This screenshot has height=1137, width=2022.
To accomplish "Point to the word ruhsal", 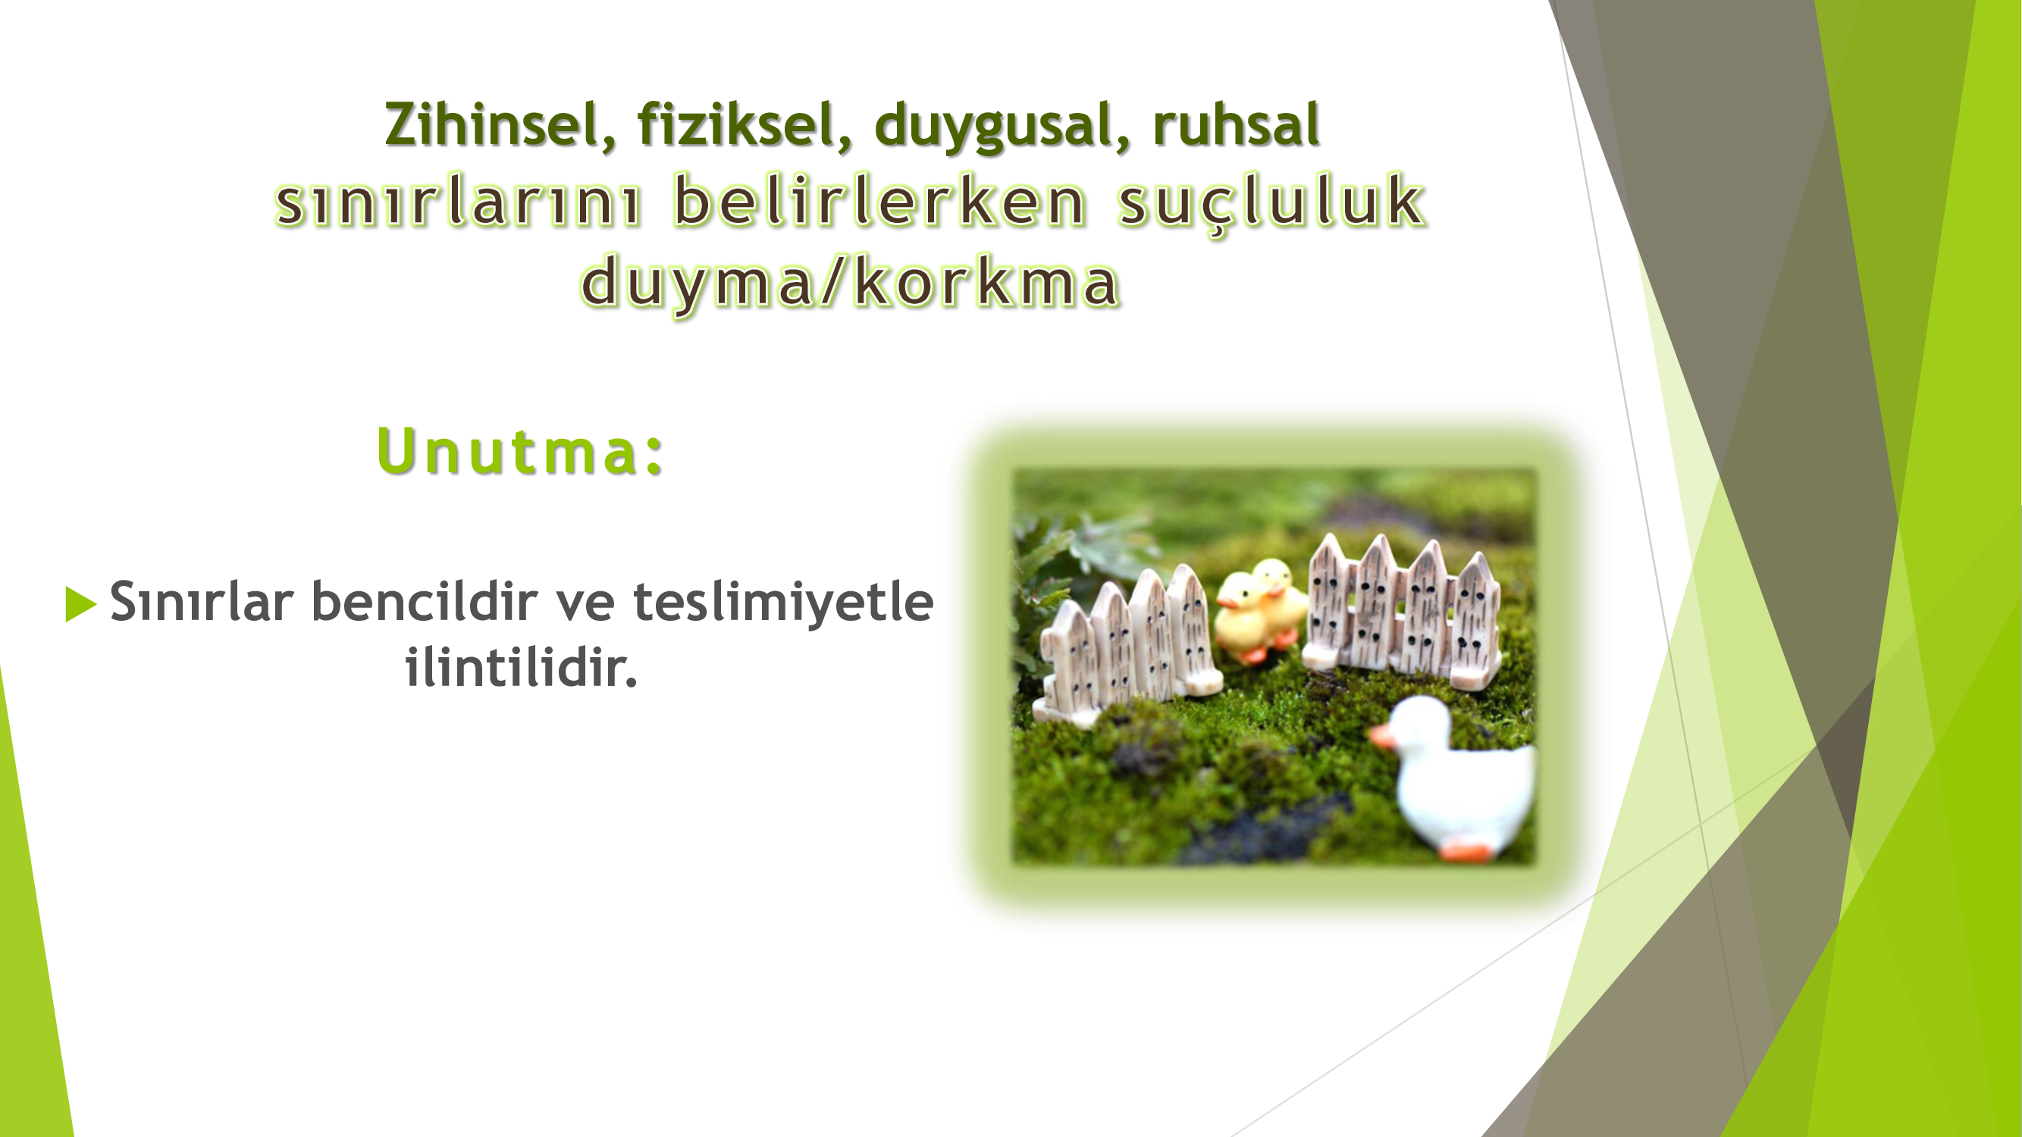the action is [x=1237, y=125].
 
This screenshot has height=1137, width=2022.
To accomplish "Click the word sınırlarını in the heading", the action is [x=459, y=201].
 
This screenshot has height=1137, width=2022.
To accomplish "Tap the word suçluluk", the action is [x=1271, y=202].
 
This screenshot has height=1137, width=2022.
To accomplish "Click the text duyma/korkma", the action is [x=850, y=283].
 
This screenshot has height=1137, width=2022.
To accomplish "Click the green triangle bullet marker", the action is [x=80, y=603].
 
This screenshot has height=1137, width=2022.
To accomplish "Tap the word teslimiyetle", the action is [x=783, y=602].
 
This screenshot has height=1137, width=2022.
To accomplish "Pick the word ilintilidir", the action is [x=520, y=668].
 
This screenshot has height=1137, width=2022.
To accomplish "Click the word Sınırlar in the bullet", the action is [x=202, y=602].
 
